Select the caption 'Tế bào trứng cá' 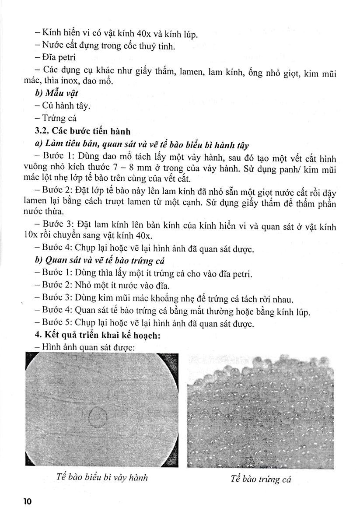pyautogui.click(x=261, y=479)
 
